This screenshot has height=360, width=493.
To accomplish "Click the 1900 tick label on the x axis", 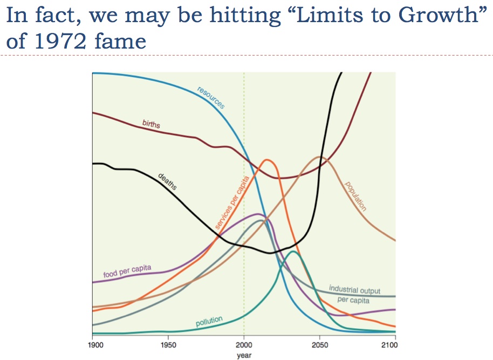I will click(93, 345).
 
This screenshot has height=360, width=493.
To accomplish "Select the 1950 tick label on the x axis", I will click(168, 345).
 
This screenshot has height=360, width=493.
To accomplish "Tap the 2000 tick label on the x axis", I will click(244, 345).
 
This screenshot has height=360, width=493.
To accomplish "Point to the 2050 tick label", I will click(319, 345).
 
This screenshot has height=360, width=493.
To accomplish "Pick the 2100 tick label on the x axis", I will click(395, 345).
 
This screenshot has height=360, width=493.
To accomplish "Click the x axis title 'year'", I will click(244, 355).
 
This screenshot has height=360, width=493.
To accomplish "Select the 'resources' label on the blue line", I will click(211, 98).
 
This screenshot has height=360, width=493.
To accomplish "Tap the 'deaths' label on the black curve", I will click(168, 181).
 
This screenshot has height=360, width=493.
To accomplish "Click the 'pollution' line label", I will click(209, 322).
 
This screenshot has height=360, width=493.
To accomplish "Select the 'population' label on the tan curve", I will click(355, 196).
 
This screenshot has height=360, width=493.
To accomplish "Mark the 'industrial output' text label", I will click(354, 290).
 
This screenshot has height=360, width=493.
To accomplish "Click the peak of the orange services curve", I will click(267, 160).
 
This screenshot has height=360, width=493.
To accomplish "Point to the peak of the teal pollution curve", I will click(293, 252).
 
